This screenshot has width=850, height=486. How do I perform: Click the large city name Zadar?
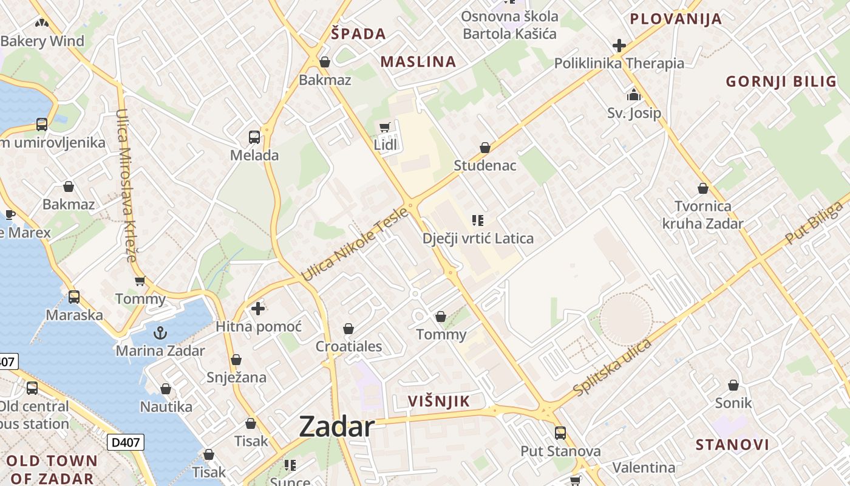tap(337, 427)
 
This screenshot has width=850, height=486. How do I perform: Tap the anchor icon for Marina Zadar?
tap(160, 333)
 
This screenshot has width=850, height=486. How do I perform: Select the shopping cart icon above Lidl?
tap(384, 128)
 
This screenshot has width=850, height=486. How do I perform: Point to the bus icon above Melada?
tap(254, 137)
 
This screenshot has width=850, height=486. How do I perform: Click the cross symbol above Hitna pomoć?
tap(258, 309)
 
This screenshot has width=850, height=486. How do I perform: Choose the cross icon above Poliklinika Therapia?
tap(619, 46)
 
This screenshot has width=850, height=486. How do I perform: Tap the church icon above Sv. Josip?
tap(634, 95)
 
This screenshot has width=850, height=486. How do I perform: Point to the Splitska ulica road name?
tap(612, 368)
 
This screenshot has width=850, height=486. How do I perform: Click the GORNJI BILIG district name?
tap(781, 82)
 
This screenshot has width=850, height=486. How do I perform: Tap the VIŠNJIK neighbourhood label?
tap(439, 401)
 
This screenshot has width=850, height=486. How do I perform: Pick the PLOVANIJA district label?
tap(676, 19)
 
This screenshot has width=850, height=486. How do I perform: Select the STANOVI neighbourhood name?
tap(732, 445)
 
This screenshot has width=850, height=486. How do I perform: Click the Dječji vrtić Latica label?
tap(478, 238)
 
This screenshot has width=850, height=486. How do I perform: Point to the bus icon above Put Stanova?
tap(560, 433)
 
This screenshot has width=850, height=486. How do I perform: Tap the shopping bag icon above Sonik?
tap(733, 385)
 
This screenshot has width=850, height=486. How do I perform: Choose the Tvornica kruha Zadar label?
tap(702, 215)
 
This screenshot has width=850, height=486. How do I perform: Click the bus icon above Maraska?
tap(74, 297)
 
